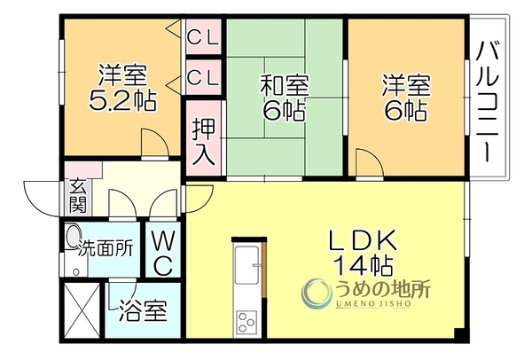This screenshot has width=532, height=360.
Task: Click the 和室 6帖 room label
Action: (285, 98)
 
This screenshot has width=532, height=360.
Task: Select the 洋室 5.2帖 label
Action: (123, 88)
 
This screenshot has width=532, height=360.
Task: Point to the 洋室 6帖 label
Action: (406, 98)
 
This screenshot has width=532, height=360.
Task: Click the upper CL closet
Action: (203, 36)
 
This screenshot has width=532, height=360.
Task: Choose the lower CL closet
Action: (203, 76)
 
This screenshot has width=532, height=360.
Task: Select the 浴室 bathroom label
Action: (143, 310)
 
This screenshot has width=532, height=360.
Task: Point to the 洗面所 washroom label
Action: (106, 249)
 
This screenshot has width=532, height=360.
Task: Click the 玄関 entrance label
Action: (78, 200)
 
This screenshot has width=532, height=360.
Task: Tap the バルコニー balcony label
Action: (488, 101)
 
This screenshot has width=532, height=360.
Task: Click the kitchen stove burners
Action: (246, 321)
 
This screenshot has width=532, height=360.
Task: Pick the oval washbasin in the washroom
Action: (72, 236)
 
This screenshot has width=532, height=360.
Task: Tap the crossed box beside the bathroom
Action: (82, 309)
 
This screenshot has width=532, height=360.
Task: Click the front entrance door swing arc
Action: (42, 198)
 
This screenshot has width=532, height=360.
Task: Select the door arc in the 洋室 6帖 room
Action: (369, 162)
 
